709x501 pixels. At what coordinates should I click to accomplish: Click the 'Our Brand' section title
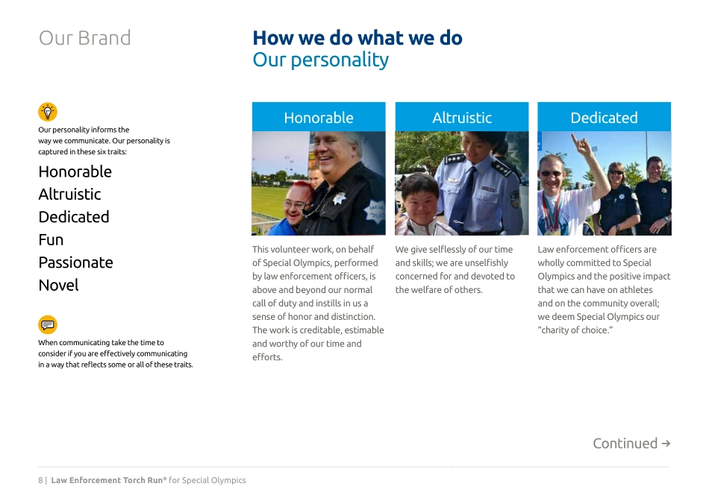click(84, 38)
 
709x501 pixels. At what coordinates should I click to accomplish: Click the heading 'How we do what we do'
click(357, 38)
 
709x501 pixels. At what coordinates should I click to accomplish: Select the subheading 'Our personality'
click(320, 60)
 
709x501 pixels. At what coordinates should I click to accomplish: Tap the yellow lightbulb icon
click(48, 112)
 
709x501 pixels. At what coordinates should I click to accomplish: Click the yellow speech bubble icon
click(48, 325)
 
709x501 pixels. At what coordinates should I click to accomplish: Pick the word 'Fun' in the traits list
click(51, 239)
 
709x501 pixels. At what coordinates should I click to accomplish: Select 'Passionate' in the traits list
click(75, 262)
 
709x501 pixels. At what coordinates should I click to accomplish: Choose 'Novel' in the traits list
click(58, 285)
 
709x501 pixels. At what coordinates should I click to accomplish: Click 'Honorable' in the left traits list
click(75, 171)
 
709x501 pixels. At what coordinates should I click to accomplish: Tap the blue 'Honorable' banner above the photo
click(319, 118)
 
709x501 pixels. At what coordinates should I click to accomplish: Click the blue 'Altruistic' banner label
click(462, 118)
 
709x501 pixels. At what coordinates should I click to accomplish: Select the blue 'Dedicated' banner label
click(604, 118)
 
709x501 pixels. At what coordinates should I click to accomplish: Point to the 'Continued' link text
click(625, 444)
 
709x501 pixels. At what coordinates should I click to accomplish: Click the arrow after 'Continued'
click(666, 444)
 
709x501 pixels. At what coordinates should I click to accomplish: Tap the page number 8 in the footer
click(40, 481)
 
